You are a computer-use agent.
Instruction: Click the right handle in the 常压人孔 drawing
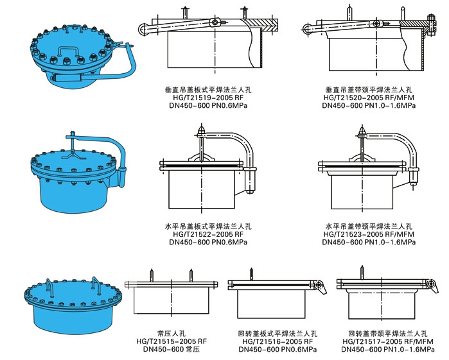(x=191, y=274)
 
